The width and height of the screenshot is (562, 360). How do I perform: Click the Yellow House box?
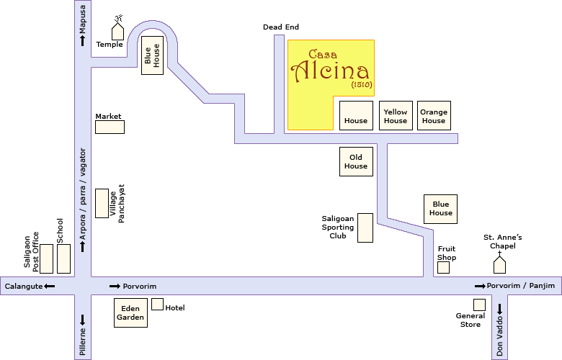tap(396, 116)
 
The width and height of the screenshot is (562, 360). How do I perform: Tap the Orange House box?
tap(434, 116)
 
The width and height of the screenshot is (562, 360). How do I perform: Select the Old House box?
tap(356, 161)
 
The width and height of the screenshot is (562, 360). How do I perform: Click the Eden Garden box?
tap(130, 312)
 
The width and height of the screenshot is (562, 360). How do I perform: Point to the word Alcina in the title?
tap(331, 71)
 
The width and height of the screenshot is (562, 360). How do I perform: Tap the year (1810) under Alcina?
tap(361, 84)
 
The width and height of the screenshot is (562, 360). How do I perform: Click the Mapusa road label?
tap(83, 18)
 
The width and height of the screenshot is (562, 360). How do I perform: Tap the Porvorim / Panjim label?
tap(521, 287)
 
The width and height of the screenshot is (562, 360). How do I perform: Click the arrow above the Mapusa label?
tap(83, 41)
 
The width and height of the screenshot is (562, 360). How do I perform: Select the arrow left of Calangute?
tap(50, 287)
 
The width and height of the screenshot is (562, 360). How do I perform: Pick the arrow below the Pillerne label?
tap(83, 319)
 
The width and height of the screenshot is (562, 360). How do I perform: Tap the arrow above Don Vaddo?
tap(499, 309)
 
